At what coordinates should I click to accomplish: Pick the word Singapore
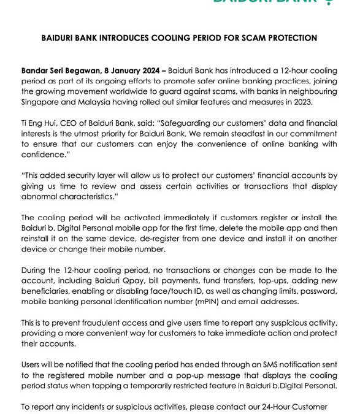[x=42, y=102]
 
